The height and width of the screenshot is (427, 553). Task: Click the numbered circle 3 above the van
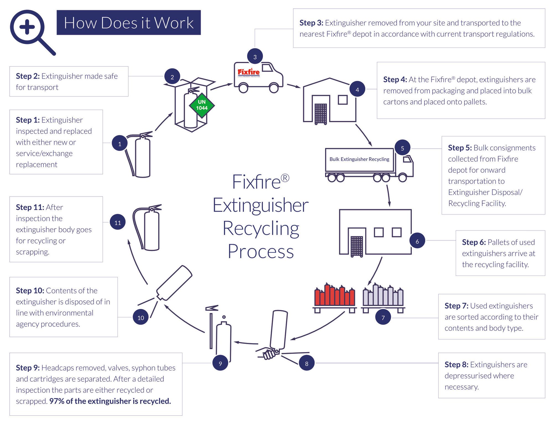(x=255, y=56)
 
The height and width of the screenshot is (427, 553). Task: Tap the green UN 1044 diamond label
(x=202, y=105)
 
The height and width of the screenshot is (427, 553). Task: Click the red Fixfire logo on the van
(x=249, y=72)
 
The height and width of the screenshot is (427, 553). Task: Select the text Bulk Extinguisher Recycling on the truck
(x=359, y=159)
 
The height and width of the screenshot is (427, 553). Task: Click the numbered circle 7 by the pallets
(x=383, y=317)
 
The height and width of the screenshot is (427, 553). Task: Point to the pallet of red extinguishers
(x=335, y=297)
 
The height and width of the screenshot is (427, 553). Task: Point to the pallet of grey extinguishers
(x=383, y=297)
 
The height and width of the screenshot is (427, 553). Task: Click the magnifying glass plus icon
(x=28, y=28)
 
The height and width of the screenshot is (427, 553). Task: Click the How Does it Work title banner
(x=129, y=23)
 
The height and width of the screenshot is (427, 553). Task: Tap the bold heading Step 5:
(x=460, y=148)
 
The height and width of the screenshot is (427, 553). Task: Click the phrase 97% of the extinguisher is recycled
(x=110, y=401)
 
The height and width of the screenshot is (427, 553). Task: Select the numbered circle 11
(x=118, y=222)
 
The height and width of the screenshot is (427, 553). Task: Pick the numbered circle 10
(x=140, y=317)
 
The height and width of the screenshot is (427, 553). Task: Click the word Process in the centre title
(x=260, y=252)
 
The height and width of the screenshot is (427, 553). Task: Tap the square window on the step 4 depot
(x=343, y=100)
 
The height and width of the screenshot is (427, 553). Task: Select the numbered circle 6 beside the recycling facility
(x=417, y=241)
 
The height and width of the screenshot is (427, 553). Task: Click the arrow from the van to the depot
(x=294, y=86)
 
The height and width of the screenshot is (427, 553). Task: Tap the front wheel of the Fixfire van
(x=273, y=88)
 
